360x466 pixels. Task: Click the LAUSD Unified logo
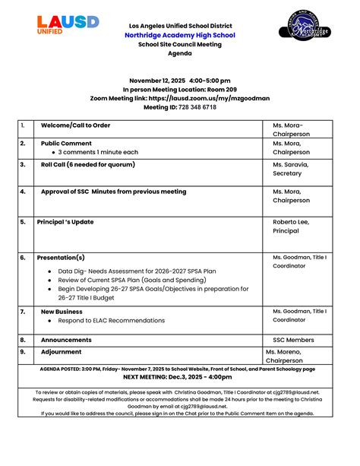(x=68, y=25)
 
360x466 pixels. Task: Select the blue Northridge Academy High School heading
(x=180, y=35)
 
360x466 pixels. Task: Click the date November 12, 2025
(x=156, y=80)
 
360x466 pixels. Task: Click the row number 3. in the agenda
(x=23, y=164)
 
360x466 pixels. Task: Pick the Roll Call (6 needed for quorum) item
(x=88, y=164)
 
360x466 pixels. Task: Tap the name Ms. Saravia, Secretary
(x=290, y=169)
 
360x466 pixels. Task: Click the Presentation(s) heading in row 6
(x=61, y=258)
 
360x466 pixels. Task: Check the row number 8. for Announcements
(x=23, y=340)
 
